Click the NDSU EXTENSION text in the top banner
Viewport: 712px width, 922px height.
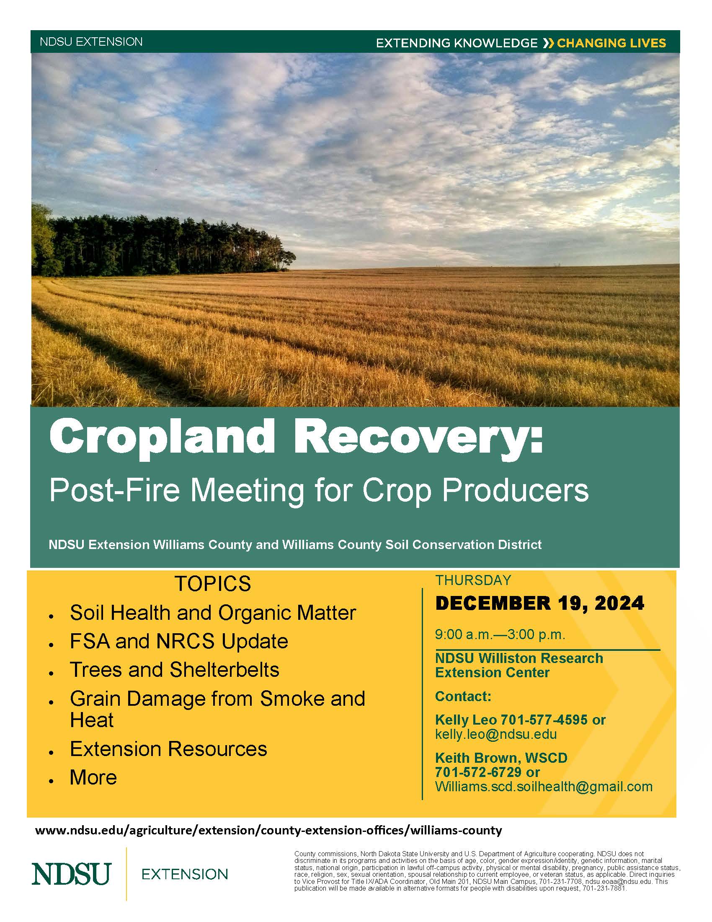[91, 42]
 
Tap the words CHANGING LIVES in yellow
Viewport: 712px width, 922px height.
[611, 43]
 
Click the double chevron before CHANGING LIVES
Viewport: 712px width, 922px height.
[548, 43]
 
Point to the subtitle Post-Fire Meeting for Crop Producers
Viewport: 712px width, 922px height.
[319, 491]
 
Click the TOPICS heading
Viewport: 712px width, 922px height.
[213, 584]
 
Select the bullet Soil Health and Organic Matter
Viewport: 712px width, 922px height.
[213, 613]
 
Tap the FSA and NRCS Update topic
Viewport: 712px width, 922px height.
[179, 641]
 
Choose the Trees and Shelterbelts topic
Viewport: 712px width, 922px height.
[175, 670]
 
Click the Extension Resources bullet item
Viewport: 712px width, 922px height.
[169, 749]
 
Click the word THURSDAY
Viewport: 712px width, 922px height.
[473, 580]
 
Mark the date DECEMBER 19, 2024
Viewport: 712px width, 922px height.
[540, 603]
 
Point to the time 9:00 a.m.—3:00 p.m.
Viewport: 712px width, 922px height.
[500, 635]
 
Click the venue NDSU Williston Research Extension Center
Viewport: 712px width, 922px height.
[519, 665]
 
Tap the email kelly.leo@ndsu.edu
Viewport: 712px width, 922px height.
[496, 734]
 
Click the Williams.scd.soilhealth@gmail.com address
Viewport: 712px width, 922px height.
[544, 787]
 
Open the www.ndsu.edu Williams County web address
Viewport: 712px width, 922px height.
[269, 831]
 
